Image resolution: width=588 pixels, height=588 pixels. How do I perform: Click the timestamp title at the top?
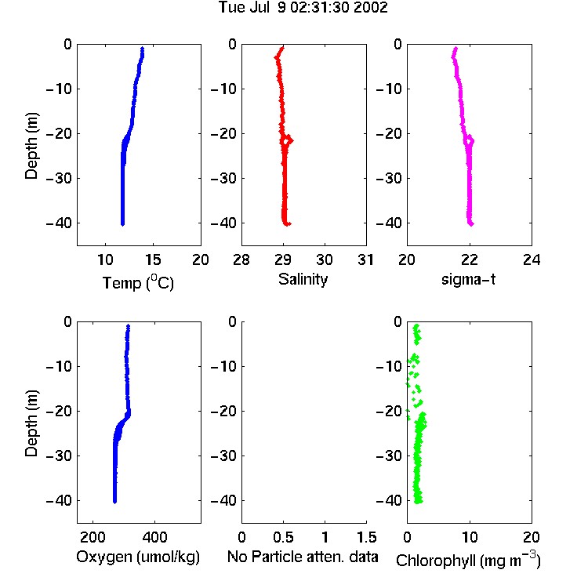[x=303, y=8]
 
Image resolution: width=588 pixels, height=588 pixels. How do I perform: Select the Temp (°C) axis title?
[x=138, y=282]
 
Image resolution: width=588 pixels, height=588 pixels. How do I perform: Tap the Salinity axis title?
[x=303, y=279]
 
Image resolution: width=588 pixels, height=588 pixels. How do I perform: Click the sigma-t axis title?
[x=468, y=279]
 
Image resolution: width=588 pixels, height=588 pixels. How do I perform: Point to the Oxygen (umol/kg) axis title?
[x=138, y=557]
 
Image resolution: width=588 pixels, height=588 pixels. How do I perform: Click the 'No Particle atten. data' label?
[x=303, y=557]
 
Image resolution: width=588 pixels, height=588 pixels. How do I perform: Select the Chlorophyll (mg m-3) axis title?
[x=468, y=560]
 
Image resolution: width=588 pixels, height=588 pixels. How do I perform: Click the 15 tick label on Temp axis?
[x=153, y=260]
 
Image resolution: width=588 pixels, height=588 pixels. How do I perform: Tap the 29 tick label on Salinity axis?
[x=283, y=260]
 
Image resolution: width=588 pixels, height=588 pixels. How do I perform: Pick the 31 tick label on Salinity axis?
[x=365, y=260]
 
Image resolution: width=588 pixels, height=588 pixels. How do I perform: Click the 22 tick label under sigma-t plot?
[x=469, y=260]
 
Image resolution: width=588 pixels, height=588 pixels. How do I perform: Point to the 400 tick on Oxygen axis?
[x=154, y=537]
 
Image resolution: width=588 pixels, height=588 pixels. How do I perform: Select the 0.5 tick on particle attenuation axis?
[x=283, y=537]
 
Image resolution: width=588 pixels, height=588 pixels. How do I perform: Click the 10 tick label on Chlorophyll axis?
[x=469, y=537]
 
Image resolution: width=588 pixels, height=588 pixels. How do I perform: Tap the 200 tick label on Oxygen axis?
[x=93, y=537]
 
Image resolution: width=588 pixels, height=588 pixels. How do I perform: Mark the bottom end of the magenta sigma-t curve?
[x=471, y=224]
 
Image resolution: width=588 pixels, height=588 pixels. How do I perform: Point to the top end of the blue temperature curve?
[x=142, y=49]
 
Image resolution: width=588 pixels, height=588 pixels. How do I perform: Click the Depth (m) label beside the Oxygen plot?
[x=31, y=423]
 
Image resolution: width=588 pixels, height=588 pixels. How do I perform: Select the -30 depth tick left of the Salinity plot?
[x=224, y=179]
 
